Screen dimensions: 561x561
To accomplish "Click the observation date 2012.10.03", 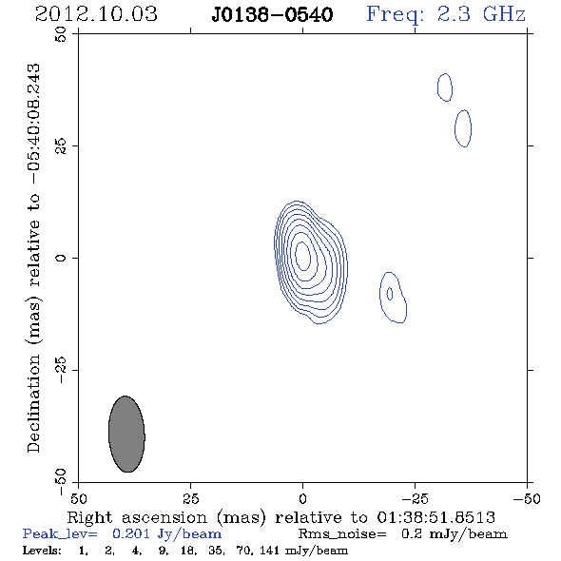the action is point(96,14).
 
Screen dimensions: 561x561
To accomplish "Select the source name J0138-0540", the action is point(272,14).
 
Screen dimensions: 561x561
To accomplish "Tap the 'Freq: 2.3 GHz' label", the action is point(446,14).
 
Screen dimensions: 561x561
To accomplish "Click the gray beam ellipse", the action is point(126,434).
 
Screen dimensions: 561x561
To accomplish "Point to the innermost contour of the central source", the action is point(296,256).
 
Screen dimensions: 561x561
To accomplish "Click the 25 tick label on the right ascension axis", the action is point(190,499).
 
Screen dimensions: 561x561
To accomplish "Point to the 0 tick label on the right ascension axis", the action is point(302,499).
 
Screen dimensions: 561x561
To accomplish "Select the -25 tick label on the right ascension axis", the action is point(415,499).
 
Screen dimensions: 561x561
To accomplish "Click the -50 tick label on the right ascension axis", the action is point(527,499).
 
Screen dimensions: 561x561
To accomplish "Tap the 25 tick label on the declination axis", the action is point(61,146).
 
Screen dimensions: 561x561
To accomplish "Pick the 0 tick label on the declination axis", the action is point(61,258).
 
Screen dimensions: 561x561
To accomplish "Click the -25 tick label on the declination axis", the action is point(61,370).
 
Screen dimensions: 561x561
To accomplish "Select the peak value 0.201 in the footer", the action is point(131,533).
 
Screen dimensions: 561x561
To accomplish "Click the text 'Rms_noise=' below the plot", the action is point(342,534).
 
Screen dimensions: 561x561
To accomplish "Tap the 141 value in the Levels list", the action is point(270,551).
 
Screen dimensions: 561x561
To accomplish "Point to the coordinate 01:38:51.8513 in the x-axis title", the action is point(436,517).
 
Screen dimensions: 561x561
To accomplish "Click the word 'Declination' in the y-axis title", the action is point(33,403).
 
